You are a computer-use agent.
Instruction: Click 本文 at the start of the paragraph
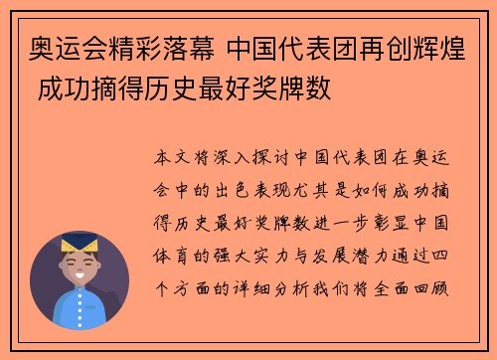pos(172,157)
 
